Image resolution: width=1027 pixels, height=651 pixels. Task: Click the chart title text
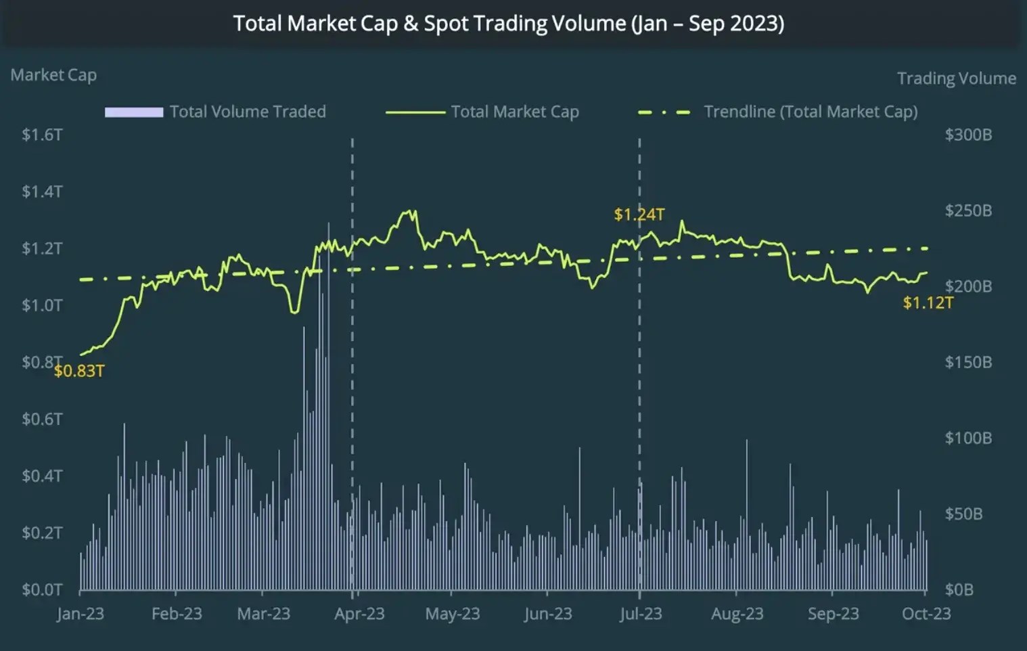(x=509, y=24)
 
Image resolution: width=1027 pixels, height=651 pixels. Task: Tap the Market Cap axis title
(x=53, y=75)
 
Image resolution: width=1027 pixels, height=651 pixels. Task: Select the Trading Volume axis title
(x=956, y=78)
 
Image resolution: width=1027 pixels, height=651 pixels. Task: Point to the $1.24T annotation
(x=639, y=215)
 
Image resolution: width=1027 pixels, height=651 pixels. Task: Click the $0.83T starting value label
(x=79, y=371)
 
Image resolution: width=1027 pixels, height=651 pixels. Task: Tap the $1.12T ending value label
(x=928, y=302)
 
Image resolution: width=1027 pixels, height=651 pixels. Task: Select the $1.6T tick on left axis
(x=42, y=135)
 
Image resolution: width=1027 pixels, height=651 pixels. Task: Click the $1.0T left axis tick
(x=42, y=305)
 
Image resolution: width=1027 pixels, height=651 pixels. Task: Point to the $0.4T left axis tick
(x=42, y=476)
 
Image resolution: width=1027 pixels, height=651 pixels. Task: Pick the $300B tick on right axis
(x=968, y=135)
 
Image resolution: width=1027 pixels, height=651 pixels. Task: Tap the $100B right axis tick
(x=968, y=438)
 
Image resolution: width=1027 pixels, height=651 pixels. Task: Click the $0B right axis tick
(x=959, y=589)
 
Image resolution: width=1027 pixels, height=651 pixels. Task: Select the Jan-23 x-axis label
(x=80, y=614)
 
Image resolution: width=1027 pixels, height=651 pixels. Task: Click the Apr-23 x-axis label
(x=359, y=614)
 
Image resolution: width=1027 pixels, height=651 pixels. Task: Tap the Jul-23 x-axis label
(x=641, y=614)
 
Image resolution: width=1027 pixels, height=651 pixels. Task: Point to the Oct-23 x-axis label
(x=926, y=614)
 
